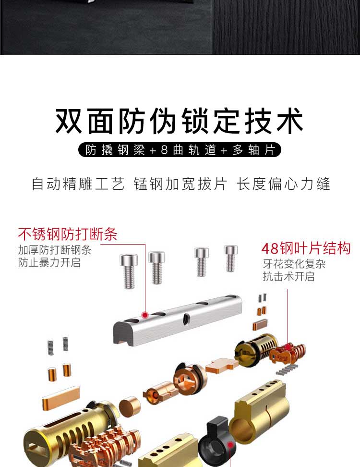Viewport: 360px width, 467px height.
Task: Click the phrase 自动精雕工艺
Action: pos(78,184)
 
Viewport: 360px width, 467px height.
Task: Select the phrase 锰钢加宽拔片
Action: pos(180,184)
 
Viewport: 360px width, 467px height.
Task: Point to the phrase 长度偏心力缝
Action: pos(283,184)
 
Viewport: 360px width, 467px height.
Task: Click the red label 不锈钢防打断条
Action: pos(68,234)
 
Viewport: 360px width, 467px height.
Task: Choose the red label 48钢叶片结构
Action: pos(306,248)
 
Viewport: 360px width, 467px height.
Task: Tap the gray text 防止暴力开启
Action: pos(49,263)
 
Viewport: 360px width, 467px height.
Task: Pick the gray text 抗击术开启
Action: pos(288,276)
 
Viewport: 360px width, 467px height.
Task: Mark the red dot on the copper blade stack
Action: pos(288,346)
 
